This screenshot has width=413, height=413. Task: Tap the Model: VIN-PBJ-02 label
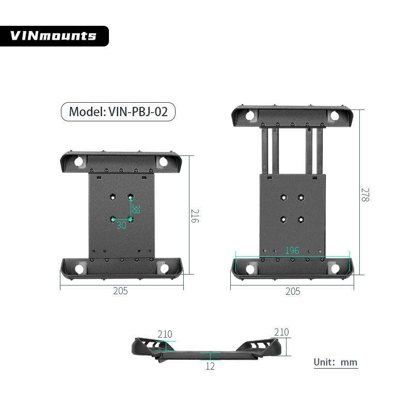(118, 112)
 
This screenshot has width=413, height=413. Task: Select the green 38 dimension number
(136, 209)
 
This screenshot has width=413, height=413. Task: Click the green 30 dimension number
(121, 225)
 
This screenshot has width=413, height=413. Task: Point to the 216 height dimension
(195, 216)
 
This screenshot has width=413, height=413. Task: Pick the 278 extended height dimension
(365, 195)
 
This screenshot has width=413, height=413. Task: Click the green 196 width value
(292, 250)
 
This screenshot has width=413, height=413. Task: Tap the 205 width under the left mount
(120, 291)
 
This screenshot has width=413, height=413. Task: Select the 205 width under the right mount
(293, 291)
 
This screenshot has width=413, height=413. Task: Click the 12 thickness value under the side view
(210, 366)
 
